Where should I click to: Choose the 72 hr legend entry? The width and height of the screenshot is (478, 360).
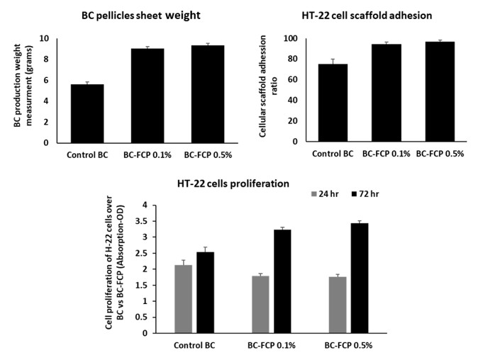point(365,193)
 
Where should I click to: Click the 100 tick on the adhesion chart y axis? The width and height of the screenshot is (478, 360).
point(288,38)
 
